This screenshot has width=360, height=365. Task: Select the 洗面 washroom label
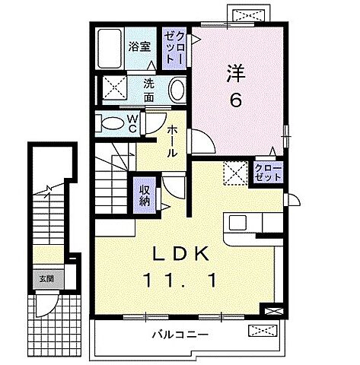[149, 91]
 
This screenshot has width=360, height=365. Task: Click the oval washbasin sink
[177, 90]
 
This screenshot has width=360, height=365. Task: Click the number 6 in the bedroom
[237, 100]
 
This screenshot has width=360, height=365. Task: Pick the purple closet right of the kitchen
[267, 172]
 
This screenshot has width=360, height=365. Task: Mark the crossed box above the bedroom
[248, 14]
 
